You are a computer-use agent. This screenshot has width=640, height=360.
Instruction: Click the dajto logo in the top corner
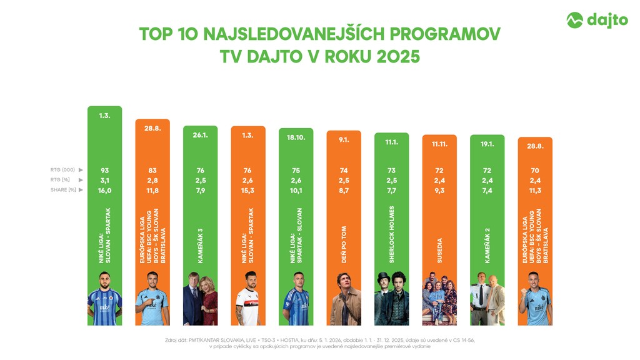pyautogui.click(x=597, y=20)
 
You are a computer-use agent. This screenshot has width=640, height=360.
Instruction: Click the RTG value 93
pyautogui.click(x=104, y=170)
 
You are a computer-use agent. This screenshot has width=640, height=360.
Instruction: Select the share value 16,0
pyautogui.click(x=104, y=190)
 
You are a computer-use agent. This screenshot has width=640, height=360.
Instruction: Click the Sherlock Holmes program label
pyautogui.click(x=392, y=234)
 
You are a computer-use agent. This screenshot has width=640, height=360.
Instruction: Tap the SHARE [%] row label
pyautogui.click(x=64, y=190)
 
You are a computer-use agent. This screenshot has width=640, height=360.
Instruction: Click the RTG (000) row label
pyautogui.click(x=63, y=170)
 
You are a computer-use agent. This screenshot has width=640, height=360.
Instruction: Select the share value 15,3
pyautogui.click(x=248, y=190)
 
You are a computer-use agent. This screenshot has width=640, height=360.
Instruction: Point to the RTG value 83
pyautogui.click(x=152, y=170)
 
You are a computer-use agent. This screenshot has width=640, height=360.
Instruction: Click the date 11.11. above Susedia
pyautogui.click(x=439, y=145)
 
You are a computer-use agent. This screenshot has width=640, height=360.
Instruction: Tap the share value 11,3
pyautogui.click(x=535, y=190)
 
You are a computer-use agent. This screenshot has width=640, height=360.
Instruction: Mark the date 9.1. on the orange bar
pyautogui.click(x=344, y=140)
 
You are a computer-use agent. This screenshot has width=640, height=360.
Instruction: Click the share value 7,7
pyautogui.click(x=392, y=190)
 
